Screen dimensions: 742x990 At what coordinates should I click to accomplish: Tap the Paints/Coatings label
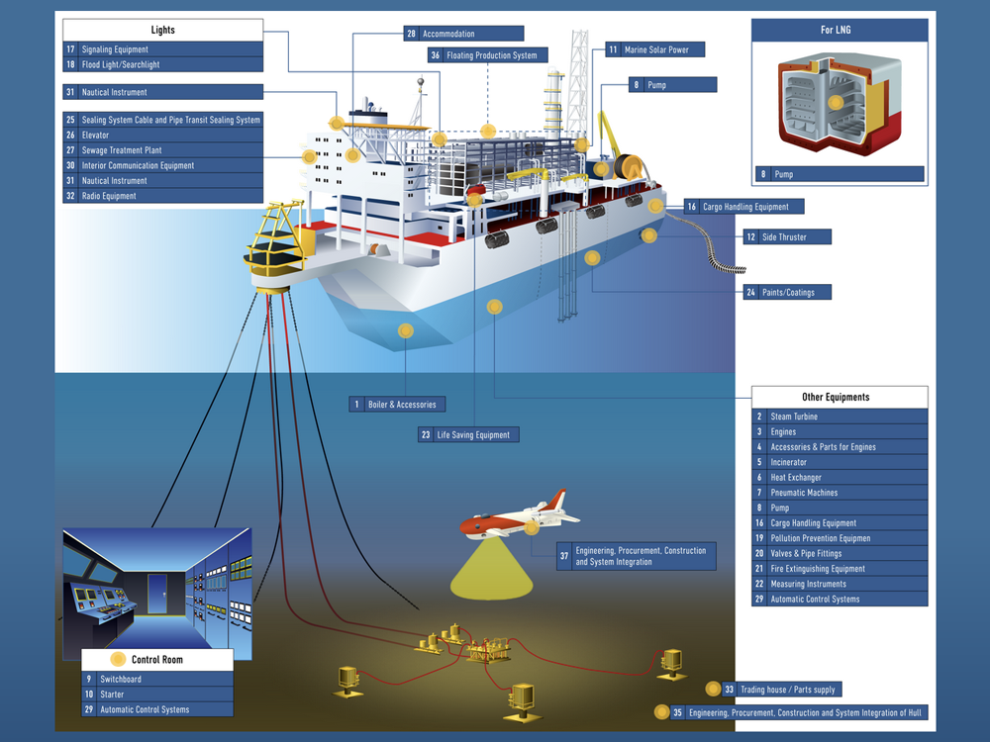tap(787, 292)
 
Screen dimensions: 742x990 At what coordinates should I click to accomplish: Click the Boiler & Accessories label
tap(397, 405)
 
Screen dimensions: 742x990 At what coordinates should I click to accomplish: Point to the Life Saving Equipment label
tap(468, 434)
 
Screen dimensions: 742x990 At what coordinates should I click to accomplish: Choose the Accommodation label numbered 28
tap(464, 34)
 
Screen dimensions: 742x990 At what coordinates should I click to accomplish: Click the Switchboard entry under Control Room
tap(158, 680)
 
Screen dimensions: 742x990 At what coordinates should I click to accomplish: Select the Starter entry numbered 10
tap(158, 695)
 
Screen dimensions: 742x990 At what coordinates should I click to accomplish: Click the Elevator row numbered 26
tap(162, 136)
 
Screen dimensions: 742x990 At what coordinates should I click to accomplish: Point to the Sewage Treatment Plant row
tap(162, 150)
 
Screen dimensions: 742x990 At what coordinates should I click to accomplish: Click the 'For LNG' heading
tap(840, 31)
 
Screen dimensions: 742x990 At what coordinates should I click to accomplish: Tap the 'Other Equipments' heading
tap(840, 397)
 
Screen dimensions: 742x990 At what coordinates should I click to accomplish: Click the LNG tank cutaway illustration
tap(839, 103)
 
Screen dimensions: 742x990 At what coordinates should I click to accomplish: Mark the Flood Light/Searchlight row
tap(162, 64)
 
